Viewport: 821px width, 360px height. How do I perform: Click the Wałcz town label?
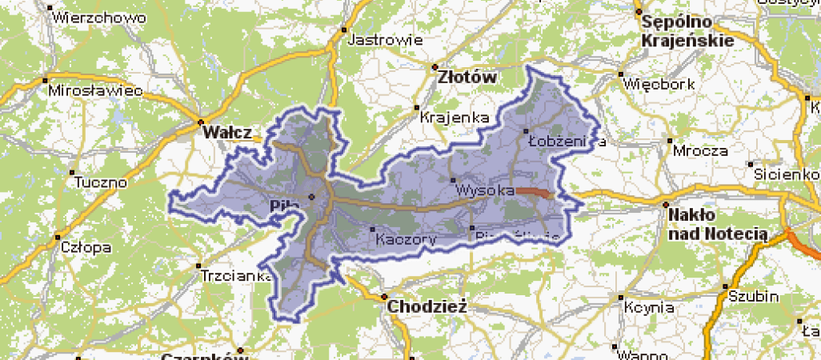(227, 132)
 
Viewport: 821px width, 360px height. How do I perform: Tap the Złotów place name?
(467, 78)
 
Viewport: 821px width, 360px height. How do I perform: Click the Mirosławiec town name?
(95, 91)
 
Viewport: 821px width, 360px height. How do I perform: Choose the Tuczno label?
(100, 182)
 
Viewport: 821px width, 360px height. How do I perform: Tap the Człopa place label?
(86, 247)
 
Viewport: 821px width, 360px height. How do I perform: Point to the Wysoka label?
(485, 191)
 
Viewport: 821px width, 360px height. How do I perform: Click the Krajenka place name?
(455, 118)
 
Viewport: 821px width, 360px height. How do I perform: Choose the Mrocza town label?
(700, 150)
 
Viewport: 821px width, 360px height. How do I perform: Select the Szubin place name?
(753, 296)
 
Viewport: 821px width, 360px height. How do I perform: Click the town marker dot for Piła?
(312, 196)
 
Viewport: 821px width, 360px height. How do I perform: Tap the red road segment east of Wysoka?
(535, 192)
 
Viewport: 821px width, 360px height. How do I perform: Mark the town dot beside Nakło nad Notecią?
(666, 205)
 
